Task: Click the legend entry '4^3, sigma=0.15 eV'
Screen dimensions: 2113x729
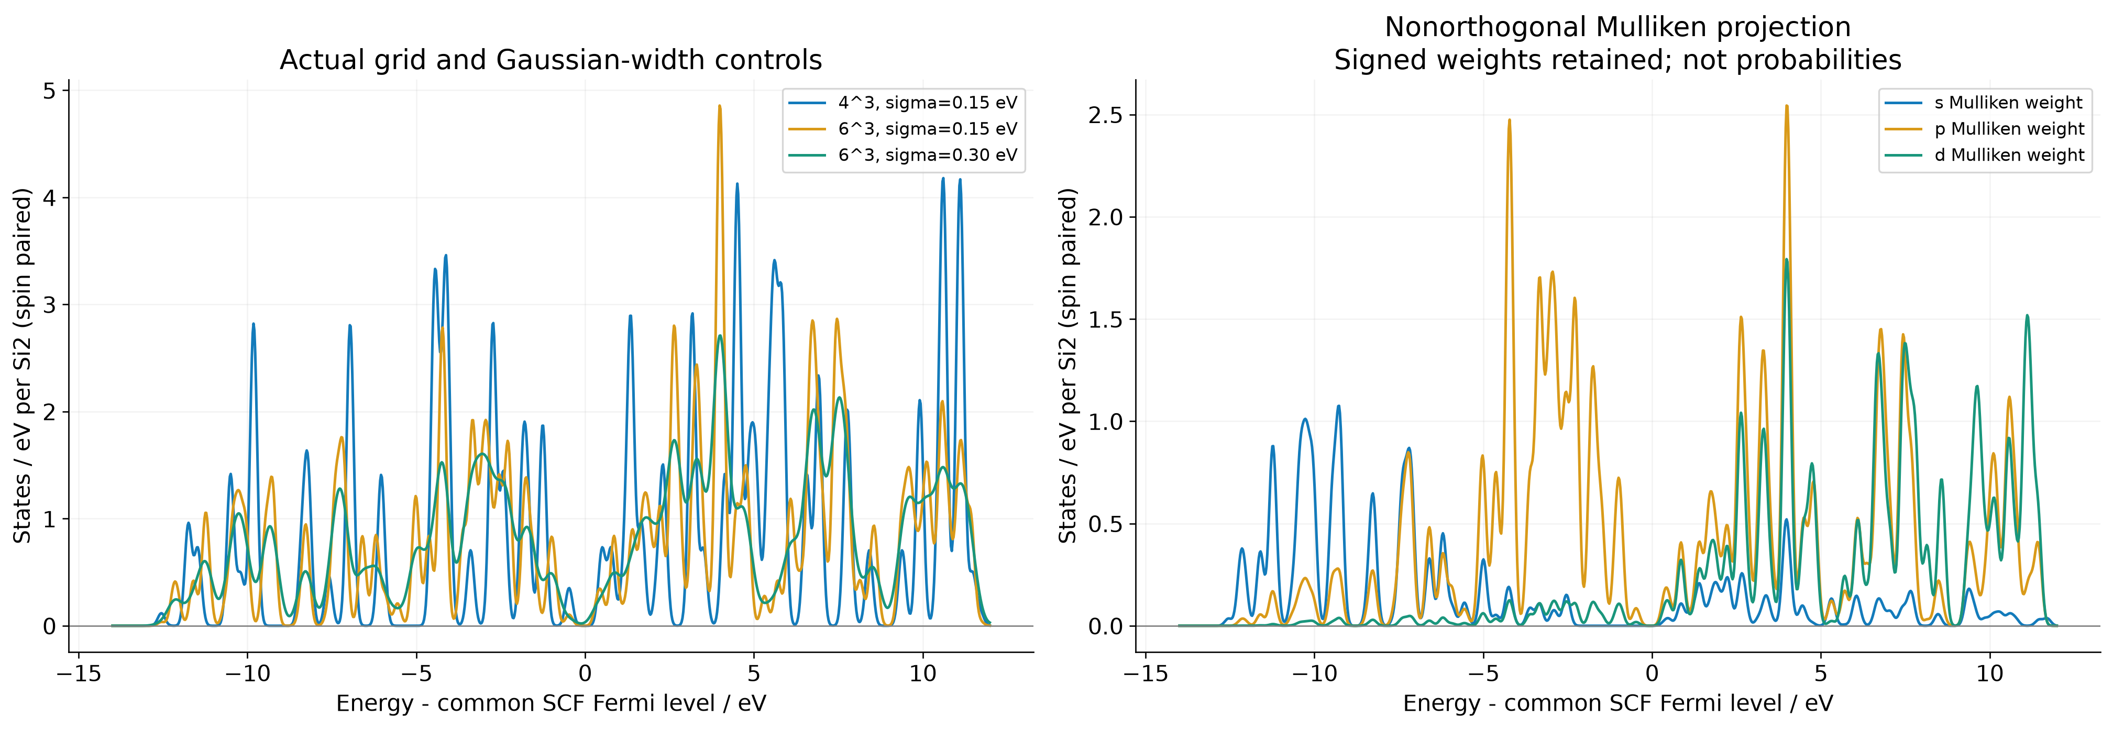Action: (x=903, y=103)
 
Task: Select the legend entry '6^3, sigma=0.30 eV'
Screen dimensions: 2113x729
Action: (x=903, y=155)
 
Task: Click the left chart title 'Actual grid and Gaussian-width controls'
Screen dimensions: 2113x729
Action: (x=551, y=60)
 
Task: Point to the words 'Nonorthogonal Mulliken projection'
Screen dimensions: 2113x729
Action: (x=1617, y=27)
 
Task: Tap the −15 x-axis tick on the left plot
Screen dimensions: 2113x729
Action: (x=78, y=673)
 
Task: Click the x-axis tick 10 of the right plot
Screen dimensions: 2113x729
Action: (x=1990, y=673)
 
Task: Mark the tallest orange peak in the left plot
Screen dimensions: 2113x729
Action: (x=719, y=106)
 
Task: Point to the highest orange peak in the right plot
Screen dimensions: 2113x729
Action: (x=1787, y=106)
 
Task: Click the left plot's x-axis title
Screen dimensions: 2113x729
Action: (x=551, y=703)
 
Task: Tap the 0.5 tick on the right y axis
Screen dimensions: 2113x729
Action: (x=1105, y=524)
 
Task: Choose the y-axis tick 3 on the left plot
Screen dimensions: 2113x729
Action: (x=50, y=305)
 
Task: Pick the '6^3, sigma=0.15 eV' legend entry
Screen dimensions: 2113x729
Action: (x=903, y=129)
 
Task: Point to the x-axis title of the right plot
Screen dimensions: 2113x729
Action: (x=1617, y=703)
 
